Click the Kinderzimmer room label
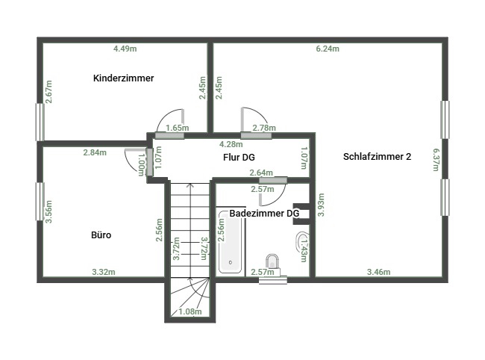[123, 78]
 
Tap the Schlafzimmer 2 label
[377, 157]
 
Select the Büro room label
[101, 235]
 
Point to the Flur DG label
[239, 158]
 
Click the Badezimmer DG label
[264, 214]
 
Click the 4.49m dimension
[125, 49]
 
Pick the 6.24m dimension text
[328, 49]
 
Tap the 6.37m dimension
[436, 159]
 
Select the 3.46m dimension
[378, 272]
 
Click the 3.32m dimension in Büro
[104, 272]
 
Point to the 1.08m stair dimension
[190, 311]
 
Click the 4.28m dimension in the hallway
[231, 144]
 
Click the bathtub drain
[231, 262]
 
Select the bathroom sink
[301, 240]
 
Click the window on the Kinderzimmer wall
[40, 122]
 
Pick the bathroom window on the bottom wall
[273, 280]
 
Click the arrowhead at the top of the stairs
[190, 186]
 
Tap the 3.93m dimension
[322, 205]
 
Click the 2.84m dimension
[95, 152]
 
